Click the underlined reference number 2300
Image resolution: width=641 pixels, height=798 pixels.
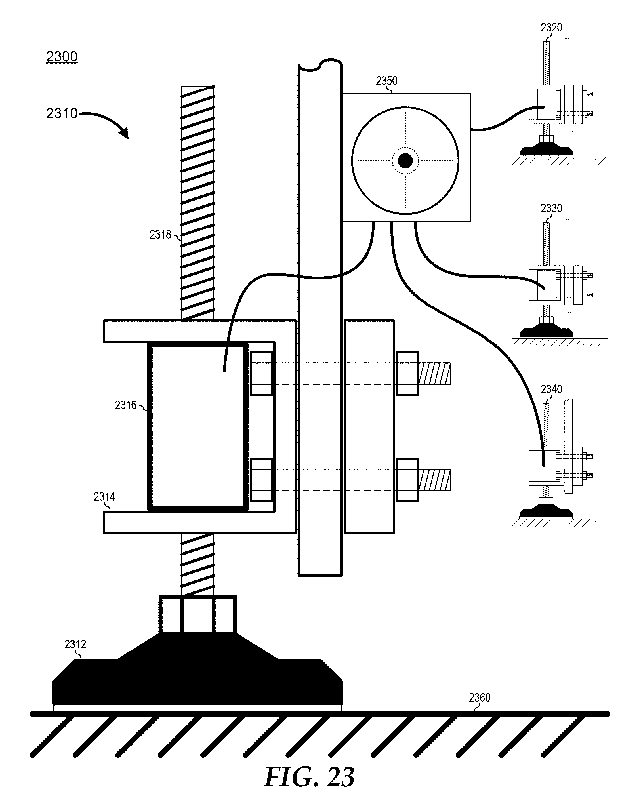[62, 57]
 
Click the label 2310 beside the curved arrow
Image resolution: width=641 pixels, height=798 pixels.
[62, 113]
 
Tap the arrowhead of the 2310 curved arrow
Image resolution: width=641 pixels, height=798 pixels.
[124, 133]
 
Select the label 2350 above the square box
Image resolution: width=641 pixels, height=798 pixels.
[386, 81]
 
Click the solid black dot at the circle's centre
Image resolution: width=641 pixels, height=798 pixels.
[405, 161]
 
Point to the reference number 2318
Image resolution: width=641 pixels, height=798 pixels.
[160, 235]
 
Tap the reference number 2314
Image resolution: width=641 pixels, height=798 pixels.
[104, 497]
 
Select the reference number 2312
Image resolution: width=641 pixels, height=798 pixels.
[75, 645]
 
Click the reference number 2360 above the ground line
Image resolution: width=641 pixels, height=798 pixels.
[480, 698]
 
